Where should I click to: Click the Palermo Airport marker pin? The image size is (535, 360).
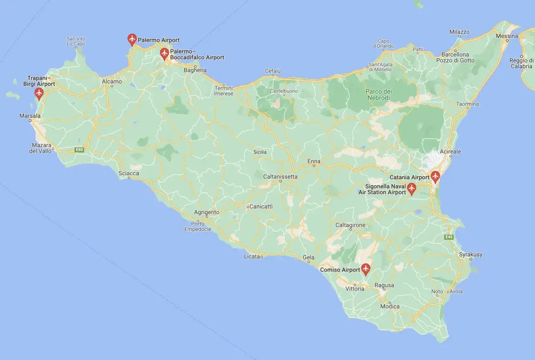pyautogui.click(x=132, y=39)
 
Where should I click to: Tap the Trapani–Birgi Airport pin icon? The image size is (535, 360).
pyautogui.click(x=39, y=93)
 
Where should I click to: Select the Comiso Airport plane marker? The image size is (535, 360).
pyautogui.click(x=366, y=269)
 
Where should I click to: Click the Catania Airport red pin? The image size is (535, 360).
pyautogui.click(x=436, y=176)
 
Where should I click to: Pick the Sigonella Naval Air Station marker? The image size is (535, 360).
pyautogui.click(x=412, y=189)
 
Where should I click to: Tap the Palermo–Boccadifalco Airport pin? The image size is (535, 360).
pyautogui.click(x=164, y=53)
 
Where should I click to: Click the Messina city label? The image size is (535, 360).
pyautogui.click(x=507, y=36)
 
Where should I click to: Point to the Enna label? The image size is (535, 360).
pyautogui.click(x=314, y=161)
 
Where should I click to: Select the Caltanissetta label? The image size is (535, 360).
pyautogui.click(x=280, y=176)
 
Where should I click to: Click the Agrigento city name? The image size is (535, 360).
pyautogui.click(x=206, y=212)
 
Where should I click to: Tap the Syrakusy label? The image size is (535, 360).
pyautogui.click(x=471, y=254)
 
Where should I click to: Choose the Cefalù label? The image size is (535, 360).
pyautogui.click(x=273, y=71)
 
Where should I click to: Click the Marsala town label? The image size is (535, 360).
pyautogui.click(x=30, y=115)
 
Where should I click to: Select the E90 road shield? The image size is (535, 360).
pyautogui.click(x=79, y=149)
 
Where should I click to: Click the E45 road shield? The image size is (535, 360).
pyautogui.click(x=448, y=237)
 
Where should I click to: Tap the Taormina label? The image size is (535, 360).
pyautogui.click(x=468, y=104)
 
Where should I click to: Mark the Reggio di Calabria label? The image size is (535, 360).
pyautogui.click(x=521, y=63)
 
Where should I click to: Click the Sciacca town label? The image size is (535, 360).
pyautogui.click(x=129, y=173)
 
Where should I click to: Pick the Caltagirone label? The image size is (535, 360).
pyautogui.click(x=351, y=225)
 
